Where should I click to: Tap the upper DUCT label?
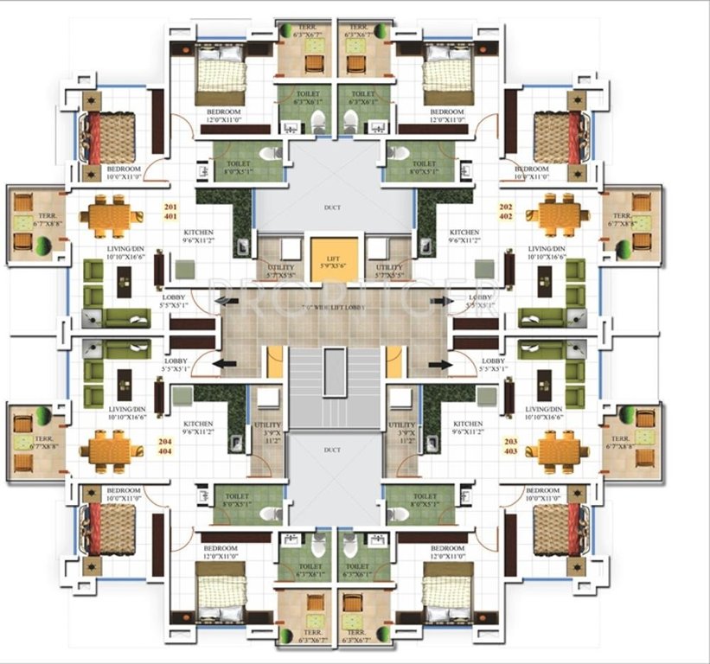[332, 208]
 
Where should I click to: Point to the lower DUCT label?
[332, 450]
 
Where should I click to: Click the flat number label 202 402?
[507, 212]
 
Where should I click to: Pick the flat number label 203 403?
[511, 446]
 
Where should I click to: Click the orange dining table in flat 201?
[112, 215]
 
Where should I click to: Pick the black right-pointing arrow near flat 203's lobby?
[445, 365]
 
